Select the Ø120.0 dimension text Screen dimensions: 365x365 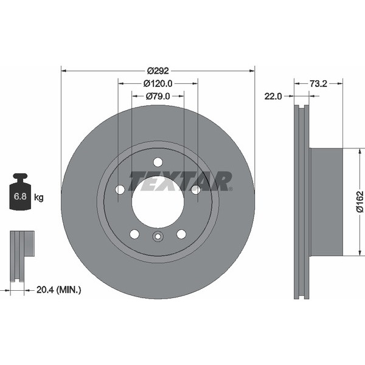[158, 83]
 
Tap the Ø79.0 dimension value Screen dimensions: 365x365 [158, 96]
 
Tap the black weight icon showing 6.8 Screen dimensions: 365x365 [20, 193]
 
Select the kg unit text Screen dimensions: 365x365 [39, 197]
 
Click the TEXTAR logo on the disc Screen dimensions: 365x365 [181, 181]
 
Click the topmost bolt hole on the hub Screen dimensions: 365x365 [158, 162]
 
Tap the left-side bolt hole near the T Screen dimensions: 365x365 [120, 190]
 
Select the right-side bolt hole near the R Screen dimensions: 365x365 [196, 190]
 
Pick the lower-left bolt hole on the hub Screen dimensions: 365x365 [134, 234]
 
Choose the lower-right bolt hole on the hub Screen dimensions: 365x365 [181, 234]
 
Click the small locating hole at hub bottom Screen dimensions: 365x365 [158, 238]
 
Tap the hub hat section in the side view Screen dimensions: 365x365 [327, 201]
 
